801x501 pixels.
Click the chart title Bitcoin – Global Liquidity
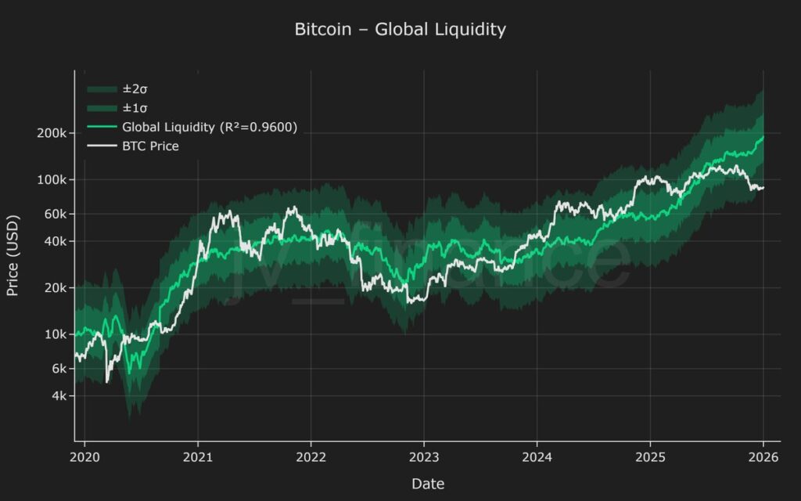click(400, 30)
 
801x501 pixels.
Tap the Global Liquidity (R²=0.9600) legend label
click(209, 127)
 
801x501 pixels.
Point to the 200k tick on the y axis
click(52, 133)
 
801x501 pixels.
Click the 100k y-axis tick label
click(52, 179)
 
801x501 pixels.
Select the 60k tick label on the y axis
click(55, 214)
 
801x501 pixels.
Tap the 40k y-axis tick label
click(55, 241)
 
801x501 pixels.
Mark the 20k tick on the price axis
click(55, 287)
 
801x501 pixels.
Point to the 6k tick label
click(58, 369)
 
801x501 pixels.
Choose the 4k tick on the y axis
click(58, 396)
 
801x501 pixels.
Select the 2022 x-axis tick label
click(311, 457)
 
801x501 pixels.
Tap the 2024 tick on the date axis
click(537, 457)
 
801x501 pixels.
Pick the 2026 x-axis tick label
click(763, 457)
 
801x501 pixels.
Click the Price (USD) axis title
click(13, 256)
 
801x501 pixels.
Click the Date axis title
click(428, 484)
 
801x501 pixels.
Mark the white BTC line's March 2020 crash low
click(107, 381)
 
